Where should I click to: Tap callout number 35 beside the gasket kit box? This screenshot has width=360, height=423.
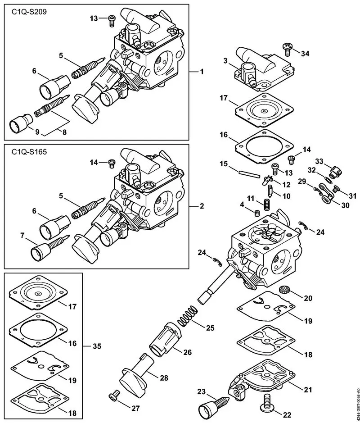(x=96, y=346)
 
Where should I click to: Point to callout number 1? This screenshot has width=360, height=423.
(x=202, y=72)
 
